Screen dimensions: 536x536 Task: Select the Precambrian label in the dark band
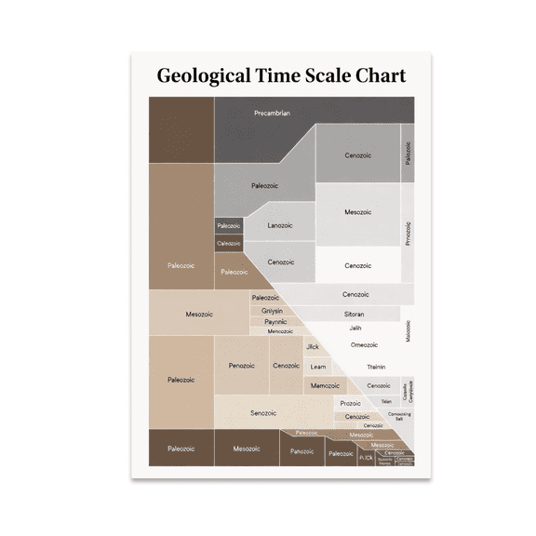click(x=272, y=114)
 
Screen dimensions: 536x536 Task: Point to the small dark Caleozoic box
click(x=228, y=244)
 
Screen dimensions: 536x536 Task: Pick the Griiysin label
click(x=272, y=310)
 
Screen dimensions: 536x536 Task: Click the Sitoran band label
click(x=354, y=315)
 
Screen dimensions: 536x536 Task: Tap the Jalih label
click(x=355, y=328)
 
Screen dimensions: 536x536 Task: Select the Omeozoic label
click(x=364, y=345)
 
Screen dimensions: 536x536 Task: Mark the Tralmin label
click(x=376, y=367)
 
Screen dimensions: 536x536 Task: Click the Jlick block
click(x=313, y=347)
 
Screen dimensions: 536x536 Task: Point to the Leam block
click(x=317, y=367)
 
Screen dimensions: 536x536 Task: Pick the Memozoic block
click(x=325, y=385)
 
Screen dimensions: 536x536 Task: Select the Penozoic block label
click(x=242, y=366)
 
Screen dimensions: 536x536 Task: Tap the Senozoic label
click(x=263, y=413)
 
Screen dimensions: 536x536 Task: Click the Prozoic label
click(x=351, y=403)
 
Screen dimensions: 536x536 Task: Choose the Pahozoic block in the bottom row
click(x=301, y=451)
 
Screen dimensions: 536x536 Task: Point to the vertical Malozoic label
click(x=408, y=331)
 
